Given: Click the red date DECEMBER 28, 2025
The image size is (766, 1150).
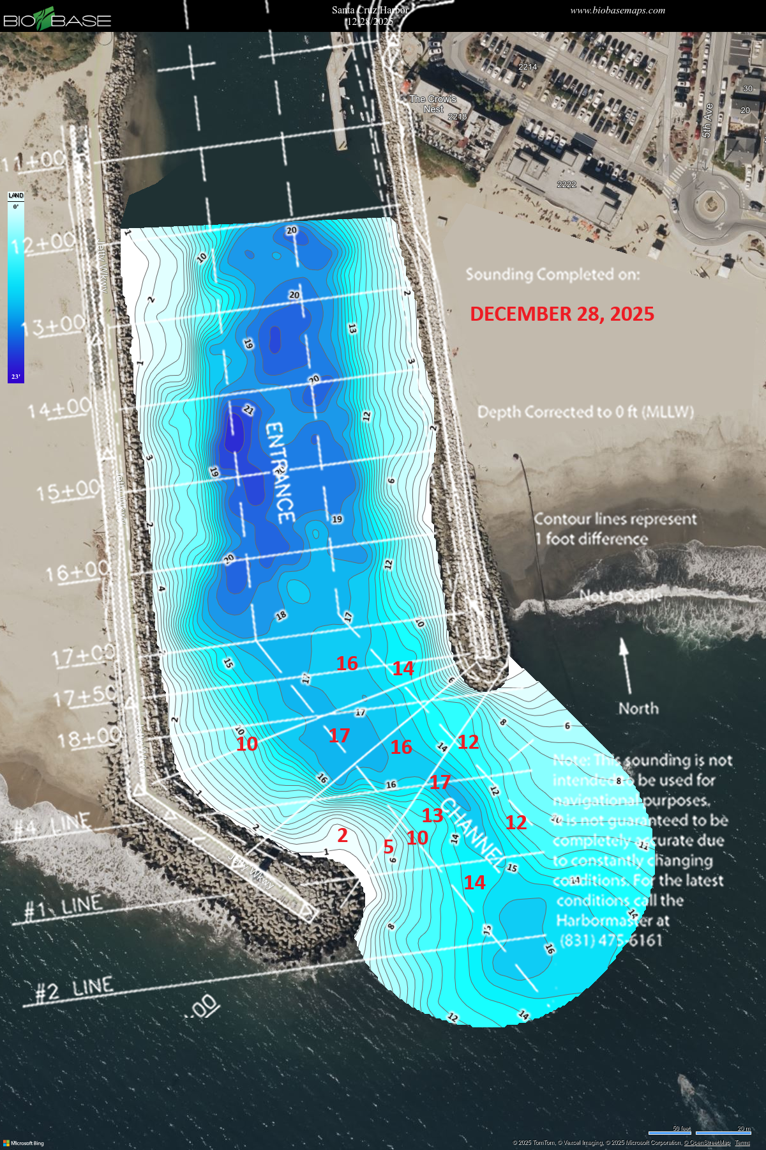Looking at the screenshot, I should (562, 314).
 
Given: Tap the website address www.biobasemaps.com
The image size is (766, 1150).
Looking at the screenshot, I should (617, 10).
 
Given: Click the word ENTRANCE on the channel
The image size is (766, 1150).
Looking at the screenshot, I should (280, 473).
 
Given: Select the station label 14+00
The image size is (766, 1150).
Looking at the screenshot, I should (59, 408).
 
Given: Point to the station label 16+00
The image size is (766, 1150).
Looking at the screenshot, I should (77, 571).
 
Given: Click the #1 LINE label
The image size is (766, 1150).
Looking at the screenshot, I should (63, 907).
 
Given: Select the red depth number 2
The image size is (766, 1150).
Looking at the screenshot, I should (342, 835).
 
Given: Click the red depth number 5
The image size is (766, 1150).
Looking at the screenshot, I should (388, 847).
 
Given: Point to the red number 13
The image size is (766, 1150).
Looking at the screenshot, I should (432, 815).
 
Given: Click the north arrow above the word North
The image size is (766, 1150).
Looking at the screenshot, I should (624, 664).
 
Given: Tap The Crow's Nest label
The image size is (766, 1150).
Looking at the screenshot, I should (433, 104).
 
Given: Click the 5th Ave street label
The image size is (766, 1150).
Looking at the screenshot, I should (707, 121).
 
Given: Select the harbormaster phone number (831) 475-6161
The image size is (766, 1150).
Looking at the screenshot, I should (611, 940).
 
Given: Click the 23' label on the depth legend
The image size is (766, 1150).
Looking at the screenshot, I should (16, 377).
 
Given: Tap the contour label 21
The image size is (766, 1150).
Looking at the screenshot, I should (248, 410).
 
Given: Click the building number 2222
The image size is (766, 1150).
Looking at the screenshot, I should (566, 185).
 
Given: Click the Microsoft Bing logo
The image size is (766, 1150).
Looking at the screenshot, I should (24, 1143).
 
